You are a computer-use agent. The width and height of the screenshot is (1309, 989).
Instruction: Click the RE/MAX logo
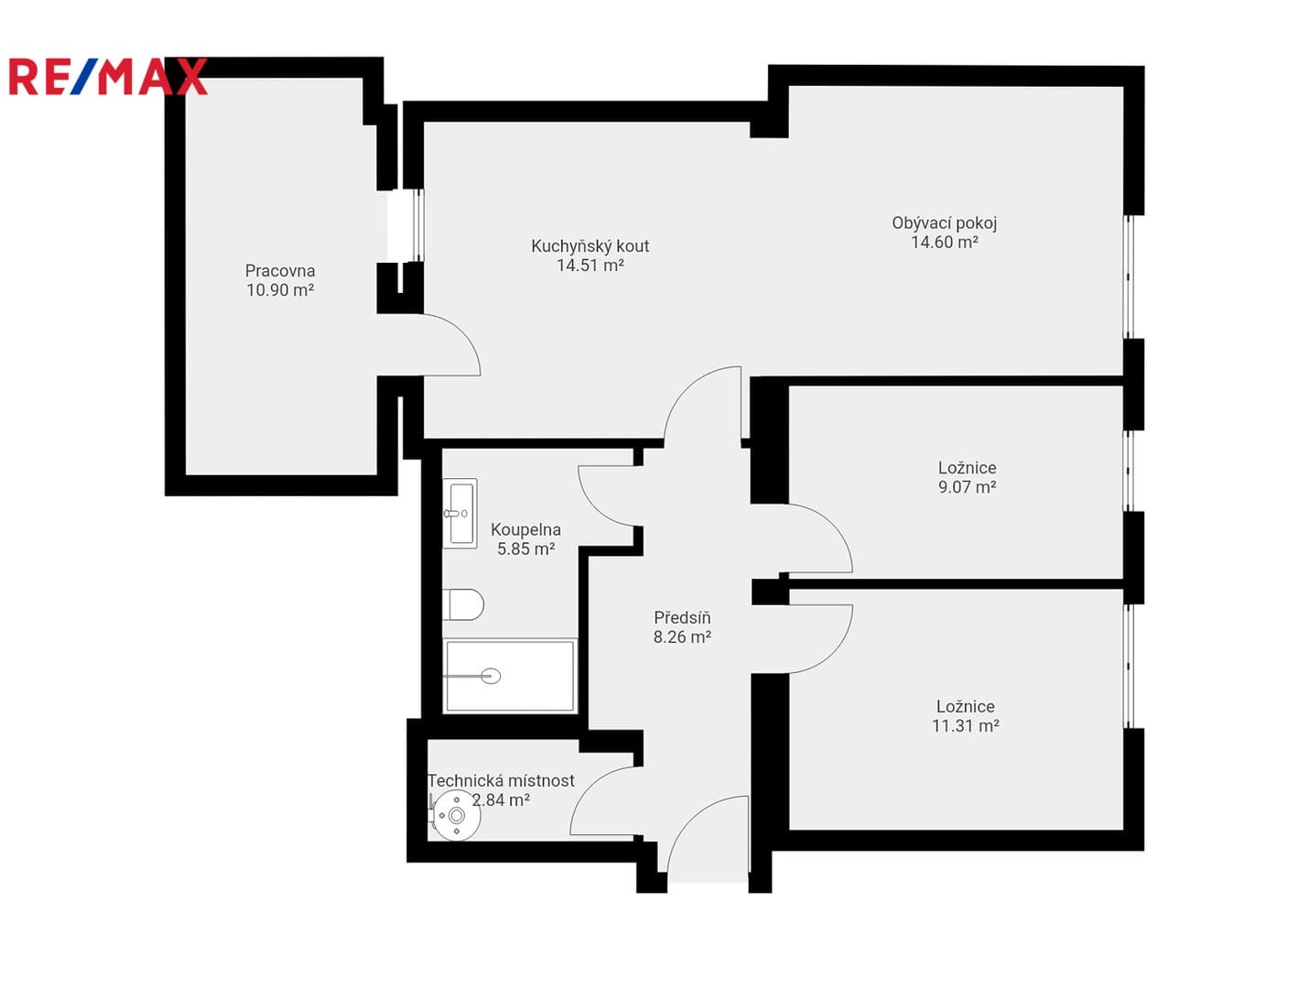(x=107, y=76)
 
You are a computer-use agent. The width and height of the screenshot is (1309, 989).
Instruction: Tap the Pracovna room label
(x=280, y=271)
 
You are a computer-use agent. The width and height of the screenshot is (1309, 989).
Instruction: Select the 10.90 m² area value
(x=280, y=290)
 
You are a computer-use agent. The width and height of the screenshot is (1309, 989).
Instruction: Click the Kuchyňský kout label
(x=590, y=246)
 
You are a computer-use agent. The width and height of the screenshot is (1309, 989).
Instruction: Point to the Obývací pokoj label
(x=944, y=223)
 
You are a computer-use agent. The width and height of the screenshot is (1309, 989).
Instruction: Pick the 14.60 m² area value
(x=944, y=242)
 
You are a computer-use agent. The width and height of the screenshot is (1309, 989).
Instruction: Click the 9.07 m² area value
(x=967, y=487)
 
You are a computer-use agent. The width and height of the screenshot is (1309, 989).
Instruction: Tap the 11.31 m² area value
(x=966, y=725)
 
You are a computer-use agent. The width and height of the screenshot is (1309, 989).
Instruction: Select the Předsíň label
(x=682, y=617)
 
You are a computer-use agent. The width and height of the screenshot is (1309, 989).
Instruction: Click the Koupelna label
(x=525, y=529)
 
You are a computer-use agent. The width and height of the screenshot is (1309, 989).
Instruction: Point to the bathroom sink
(x=460, y=513)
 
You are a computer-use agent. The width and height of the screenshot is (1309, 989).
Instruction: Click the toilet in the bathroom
(x=463, y=604)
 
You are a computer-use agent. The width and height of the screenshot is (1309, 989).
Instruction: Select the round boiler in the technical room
(x=456, y=815)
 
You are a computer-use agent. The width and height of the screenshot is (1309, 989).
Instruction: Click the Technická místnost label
(x=501, y=780)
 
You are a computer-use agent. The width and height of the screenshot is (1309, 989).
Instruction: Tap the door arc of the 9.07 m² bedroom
(x=836, y=527)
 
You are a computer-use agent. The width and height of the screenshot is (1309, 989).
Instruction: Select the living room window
(x=1127, y=277)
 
